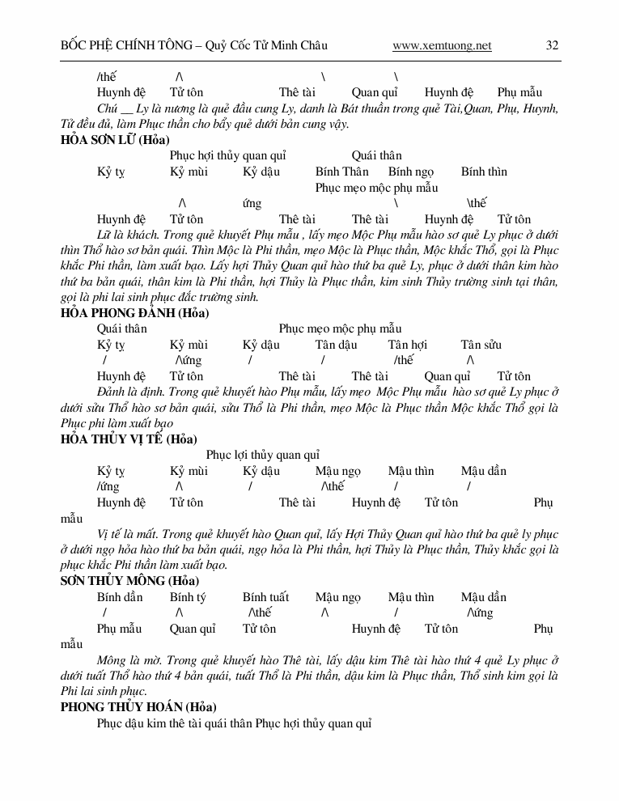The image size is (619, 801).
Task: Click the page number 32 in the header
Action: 552,45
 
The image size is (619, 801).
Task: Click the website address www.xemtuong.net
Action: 442,45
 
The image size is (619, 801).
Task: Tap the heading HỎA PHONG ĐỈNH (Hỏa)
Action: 134,313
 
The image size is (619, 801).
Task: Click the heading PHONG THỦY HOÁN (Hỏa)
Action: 138,707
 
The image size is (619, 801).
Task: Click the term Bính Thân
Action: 341,172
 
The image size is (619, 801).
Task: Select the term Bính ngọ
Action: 410,172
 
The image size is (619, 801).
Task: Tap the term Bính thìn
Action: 484,172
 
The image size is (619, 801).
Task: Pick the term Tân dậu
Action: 336,345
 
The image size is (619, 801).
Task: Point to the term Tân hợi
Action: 407,345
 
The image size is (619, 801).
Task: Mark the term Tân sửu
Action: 481,345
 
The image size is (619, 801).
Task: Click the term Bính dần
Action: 120,597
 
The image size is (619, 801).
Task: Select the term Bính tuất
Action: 265,597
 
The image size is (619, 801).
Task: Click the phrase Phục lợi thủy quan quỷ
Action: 262,456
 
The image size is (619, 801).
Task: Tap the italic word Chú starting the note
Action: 107,108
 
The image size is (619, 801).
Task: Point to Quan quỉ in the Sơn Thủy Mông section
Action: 193,629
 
